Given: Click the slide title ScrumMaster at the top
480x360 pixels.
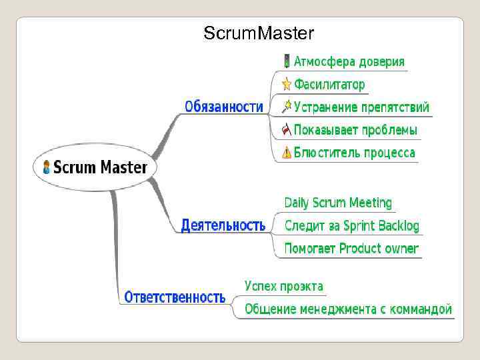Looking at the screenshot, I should coord(259,33).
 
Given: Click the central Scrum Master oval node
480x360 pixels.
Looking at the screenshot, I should coord(95,167).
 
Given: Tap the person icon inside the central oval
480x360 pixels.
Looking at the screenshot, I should coord(46,167).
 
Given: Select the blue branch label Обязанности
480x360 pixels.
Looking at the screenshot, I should coord(224,107).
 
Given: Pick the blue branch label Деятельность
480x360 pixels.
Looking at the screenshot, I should coord(223,225).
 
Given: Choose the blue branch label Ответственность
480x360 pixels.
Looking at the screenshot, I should coord(175,297).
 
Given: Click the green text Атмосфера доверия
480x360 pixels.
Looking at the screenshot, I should coord(349,62).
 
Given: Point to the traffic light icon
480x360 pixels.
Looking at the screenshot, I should coord(286,61).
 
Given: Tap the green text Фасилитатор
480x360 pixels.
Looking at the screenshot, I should coord(330,85).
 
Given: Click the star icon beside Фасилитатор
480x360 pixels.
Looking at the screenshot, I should coord(286,84).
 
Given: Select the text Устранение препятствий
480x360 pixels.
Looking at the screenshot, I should coord(361,107).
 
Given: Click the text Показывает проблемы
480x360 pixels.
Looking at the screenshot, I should coord(356,130).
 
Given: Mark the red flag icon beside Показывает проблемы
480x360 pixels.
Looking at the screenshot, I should coord(286,129).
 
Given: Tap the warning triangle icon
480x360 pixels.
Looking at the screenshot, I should coord(286,153).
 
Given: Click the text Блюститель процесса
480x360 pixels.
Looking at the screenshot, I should coord(355,153).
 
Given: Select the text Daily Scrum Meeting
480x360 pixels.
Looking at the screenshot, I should coord(338,203).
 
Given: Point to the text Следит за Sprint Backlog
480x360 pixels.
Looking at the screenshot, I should coord(352,226).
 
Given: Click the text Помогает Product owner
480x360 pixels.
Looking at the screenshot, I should coord(351,249).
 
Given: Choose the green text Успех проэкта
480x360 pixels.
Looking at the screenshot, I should coord(284,286).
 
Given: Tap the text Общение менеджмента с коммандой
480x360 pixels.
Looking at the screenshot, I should coord(348,309).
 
